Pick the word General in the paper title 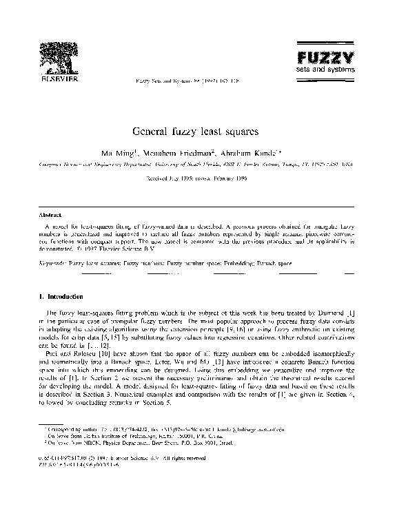[x=152, y=129]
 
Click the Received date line [x=198, y=177]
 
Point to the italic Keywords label [x=53, y=262]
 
